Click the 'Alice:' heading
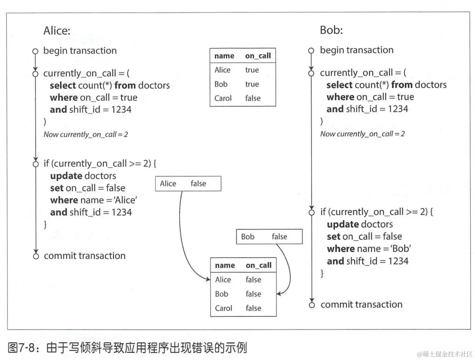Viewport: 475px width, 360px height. [x=57, y=31]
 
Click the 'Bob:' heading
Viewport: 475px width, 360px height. [x=331, y=30]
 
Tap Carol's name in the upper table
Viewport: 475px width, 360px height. [x=223, y=98]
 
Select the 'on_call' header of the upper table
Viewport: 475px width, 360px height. [x=258, y=56]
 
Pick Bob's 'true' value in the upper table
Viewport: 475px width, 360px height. [x=252, y=84]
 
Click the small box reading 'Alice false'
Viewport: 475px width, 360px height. [x=188, y=183]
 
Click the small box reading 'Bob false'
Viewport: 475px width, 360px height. [x=269, y=237]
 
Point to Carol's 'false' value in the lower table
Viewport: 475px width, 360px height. [x=253, y=308]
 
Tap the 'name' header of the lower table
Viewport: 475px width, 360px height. [x=225, y=266]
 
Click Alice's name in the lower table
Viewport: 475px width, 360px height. [x=223, y=280]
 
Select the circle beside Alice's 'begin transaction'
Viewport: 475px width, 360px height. [x=35, y=51]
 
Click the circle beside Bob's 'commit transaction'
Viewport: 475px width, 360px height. [x=312, y=305]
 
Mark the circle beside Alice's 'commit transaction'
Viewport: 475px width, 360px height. [x=36, y=256]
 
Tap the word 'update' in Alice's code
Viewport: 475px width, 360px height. [x=66, y=176]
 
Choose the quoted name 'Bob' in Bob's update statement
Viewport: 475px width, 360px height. [x=401, y=249]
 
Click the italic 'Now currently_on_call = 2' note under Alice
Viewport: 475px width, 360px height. [x=86, y=135]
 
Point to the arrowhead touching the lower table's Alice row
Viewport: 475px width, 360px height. [x=208, y=279]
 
